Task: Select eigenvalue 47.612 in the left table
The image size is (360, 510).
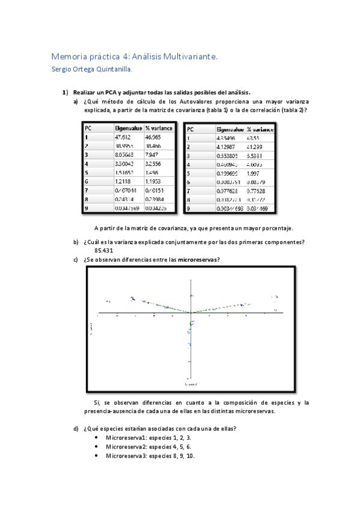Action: coord(124,138)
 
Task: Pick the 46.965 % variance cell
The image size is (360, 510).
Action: coord(154,138)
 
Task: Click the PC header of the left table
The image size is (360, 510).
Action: coord(88,128)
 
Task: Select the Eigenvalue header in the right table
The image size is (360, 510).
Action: coord(230,129)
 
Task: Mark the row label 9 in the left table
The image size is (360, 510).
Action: coord(87,207)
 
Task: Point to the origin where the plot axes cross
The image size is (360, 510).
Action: coord(191,313)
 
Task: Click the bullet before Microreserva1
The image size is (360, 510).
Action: coord(97,438)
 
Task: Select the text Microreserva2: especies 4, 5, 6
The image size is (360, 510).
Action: coord(148,447)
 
